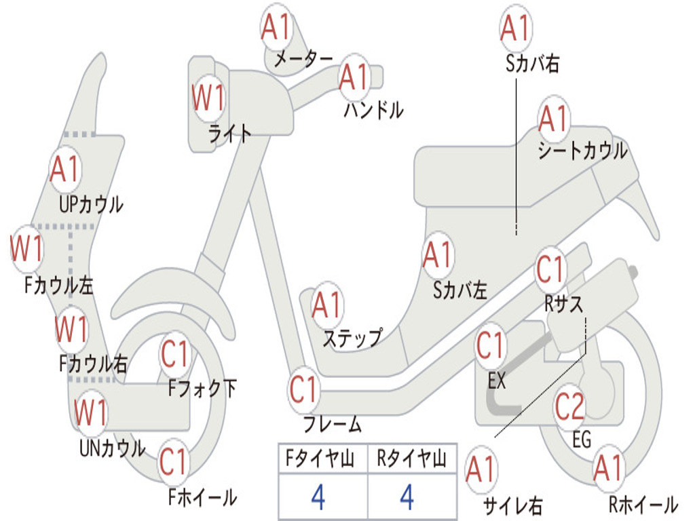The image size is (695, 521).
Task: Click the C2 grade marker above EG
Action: tap(570, 407)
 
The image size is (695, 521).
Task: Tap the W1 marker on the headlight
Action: tap(208, 98)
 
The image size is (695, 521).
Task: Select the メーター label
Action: tap(303, 59)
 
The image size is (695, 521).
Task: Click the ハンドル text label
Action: tap(374, 110)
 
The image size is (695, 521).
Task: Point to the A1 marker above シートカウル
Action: tap(554, 119)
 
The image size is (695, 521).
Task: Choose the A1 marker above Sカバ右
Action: tap(516, 28)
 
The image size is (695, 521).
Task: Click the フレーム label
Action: tap(333, 424)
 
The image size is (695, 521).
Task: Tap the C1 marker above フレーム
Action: tap(303, 389)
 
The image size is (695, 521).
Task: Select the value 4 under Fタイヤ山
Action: tap(319, 497)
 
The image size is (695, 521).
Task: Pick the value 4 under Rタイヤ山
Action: tap(407, 497)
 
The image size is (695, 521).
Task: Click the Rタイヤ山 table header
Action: tap(412, 459)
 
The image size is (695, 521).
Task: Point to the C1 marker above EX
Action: tap(491, 345)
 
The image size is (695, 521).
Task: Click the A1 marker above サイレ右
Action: tap(481, 470)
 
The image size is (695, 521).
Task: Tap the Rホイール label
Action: tap(643, 505)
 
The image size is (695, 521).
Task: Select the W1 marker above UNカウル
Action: tap(90, 412)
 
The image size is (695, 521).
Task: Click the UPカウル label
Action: tap(92, 205)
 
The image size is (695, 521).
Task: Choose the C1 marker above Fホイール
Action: tap(174, 461)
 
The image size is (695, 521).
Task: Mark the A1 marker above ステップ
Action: tap(327, 305)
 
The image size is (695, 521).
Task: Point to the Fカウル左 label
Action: tap(59, 286)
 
